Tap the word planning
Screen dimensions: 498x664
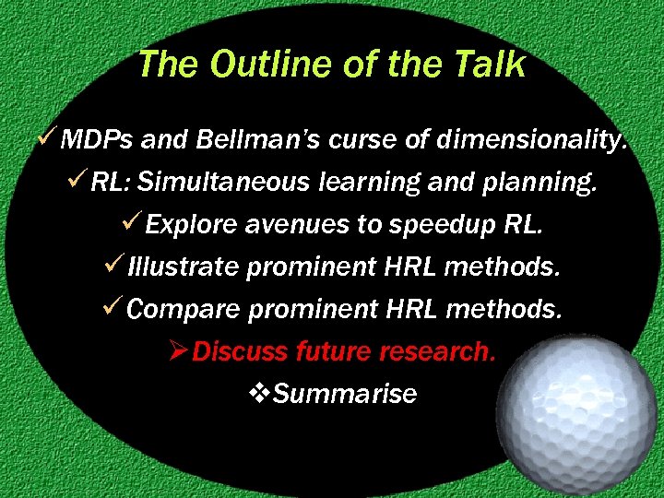click(545, 183)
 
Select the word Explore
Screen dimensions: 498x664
click(192, 225)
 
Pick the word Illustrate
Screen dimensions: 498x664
click(184, 267)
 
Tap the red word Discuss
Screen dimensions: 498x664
click(242, 351)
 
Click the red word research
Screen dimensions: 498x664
click(441, 351)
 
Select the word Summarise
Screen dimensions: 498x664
click(345, 394)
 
